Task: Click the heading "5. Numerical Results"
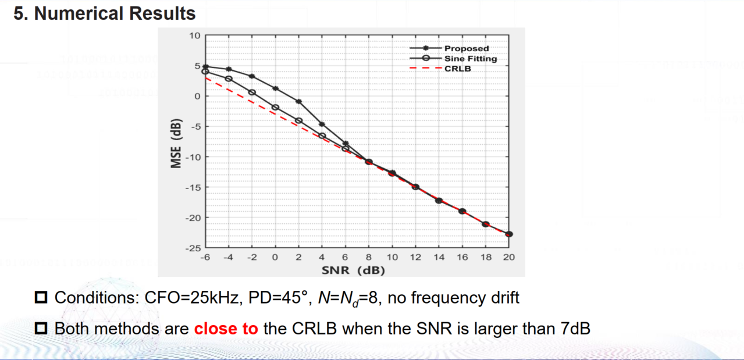(x=105, y=13)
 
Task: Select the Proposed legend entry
(x=466, y=48)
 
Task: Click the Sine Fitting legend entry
(x=470, y=58)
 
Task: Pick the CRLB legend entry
(x=457, y=68)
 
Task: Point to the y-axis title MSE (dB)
(x=176, y=144)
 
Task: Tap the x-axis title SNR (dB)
(x=353, y=270)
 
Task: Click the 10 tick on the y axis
(x=194, y=35)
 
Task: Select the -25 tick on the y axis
(x=192, y=248)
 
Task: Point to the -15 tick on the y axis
(x=192, y=187)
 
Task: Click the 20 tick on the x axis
(x=509, y=257)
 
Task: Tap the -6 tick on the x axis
(x=205, y=257)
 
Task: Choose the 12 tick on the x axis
(x=415, y=257)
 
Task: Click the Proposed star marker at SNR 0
(x=275, y=88)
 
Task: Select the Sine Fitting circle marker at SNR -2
(x=252, y=92)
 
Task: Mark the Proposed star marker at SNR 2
(x=298, y=101)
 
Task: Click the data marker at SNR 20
(x=509, y=234)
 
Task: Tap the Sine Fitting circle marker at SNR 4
(x=322, y=136)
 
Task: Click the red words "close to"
(x=226, y=329)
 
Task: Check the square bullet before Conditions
(x=41, y=298)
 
